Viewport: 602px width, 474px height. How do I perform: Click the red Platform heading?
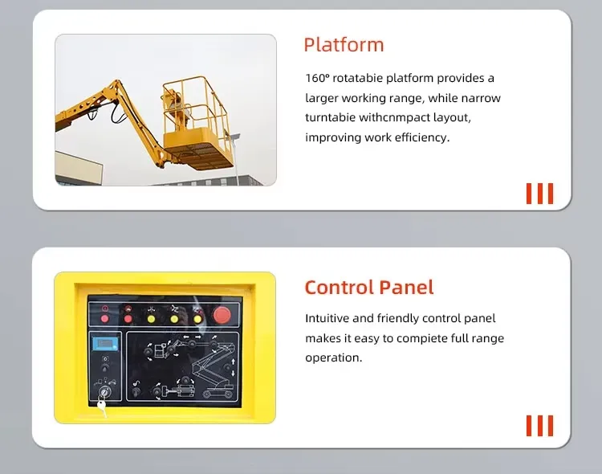[344, 45]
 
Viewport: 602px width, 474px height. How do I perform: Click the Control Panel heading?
[368, 287]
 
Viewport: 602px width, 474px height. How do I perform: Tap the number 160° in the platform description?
[319, 78]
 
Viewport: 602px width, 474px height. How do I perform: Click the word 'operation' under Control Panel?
[332, 358]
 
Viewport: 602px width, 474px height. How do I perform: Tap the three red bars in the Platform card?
[539, 194]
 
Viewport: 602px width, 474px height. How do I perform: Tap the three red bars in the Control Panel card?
[539, 425]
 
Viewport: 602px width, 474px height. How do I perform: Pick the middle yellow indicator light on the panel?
[173, 318]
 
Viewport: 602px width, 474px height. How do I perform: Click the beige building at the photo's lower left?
[78, 170]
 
